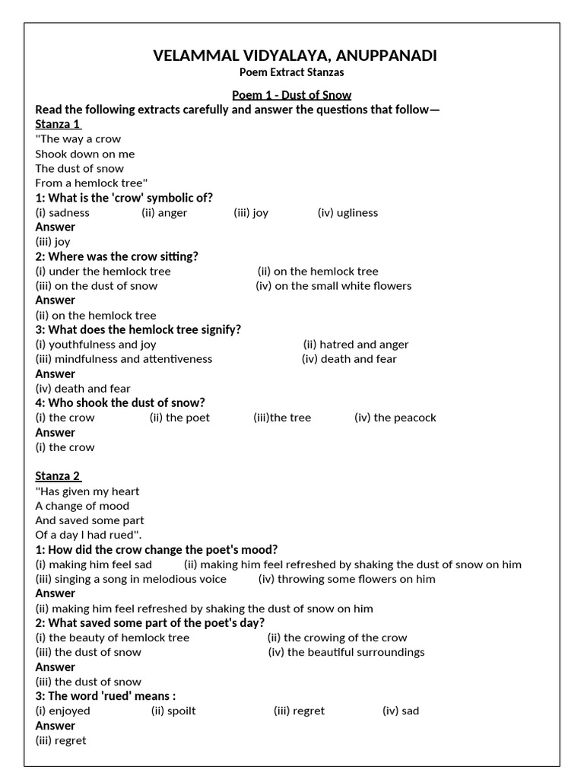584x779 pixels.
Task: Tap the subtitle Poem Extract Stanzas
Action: click(292, 72)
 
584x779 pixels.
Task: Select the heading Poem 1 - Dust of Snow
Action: click(292, 95)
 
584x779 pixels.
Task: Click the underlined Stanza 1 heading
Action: click(58, 124)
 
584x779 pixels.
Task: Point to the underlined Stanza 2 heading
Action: click(58, 476)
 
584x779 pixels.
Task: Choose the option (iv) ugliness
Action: click(348, 213)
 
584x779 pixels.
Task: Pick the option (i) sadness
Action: click(62, 213)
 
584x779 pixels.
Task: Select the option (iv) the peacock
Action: click(395, 418)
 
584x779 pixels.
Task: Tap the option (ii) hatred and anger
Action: click(356, 345)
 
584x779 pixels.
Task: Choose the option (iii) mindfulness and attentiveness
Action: click(124, 359)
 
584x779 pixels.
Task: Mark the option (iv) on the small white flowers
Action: click(334, 286)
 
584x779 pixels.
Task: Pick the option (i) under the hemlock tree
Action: click(103, 272)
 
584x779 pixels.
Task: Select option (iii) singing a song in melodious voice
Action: click(131, 579)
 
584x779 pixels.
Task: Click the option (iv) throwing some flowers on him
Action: click(347, 579)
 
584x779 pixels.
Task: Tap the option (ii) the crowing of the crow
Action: click(337, 638)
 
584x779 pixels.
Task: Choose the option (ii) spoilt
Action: click(173, 711)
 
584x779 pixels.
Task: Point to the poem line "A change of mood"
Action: click(82, 506)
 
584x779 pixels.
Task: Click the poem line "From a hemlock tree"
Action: click(91, 183)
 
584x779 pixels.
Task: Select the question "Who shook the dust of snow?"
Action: click(120, 402)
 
